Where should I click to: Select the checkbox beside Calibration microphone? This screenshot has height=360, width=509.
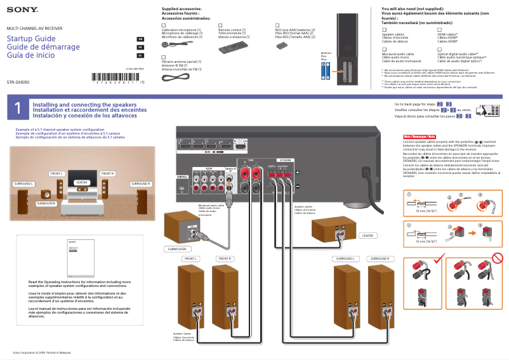point(164,25)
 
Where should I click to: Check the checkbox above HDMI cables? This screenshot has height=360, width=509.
point(439,30)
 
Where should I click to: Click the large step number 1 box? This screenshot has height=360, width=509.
point(18,109)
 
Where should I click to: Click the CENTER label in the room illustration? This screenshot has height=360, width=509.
point(81,182)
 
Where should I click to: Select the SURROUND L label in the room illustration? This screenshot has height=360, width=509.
point(23,183)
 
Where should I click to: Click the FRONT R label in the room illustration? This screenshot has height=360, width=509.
point(107,173)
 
